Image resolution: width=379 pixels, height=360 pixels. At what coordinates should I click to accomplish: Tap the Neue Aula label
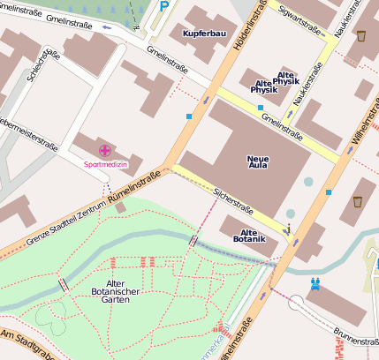click(x=258, y=161)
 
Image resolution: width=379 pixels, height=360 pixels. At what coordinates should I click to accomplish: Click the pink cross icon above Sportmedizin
click(x=105, y=151)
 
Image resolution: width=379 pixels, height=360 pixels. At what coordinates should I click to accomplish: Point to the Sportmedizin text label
click(x=105, y=164)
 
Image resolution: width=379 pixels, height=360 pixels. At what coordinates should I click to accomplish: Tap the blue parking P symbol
click(x=165, y=6)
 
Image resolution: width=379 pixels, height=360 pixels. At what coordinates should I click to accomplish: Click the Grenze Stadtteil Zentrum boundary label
click(x=52, y=220)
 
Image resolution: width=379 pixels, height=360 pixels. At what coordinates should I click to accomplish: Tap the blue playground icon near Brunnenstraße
click(x=315, y=284)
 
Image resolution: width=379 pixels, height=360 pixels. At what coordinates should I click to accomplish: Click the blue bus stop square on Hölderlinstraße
click(x=189, y=116)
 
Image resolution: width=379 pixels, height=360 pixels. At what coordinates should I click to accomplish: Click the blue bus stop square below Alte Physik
click(x=261, y=108)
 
